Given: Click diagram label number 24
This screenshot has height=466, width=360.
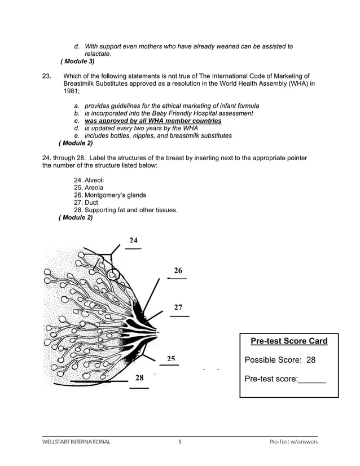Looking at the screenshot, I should tap(133, 240).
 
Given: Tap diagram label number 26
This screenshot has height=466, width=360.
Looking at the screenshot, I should tap(178, 270).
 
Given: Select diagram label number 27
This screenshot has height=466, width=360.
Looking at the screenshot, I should tap(178, 307).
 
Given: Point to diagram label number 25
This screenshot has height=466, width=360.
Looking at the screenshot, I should tap(170, 359).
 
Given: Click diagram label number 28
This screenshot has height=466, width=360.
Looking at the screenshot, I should tap(139, 378).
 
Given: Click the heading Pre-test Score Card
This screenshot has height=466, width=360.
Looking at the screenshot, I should tap(289, 341).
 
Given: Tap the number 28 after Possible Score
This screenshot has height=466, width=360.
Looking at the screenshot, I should tap(310, 361).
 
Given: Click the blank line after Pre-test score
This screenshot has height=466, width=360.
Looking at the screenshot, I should tap(311, 380).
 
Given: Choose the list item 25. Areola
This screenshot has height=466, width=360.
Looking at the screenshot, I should tap(88, 187).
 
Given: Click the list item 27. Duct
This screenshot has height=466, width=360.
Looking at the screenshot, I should tap(86, 203).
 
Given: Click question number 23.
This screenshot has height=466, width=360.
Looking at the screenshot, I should tap(47, 76).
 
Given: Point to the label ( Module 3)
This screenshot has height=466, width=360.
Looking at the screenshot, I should tap(77, 61).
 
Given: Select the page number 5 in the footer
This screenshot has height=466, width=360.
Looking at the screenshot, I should tap(179, 442).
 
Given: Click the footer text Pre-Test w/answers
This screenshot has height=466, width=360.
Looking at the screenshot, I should tap(293, 442).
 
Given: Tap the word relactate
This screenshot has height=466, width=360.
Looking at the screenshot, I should tap(98, 54).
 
